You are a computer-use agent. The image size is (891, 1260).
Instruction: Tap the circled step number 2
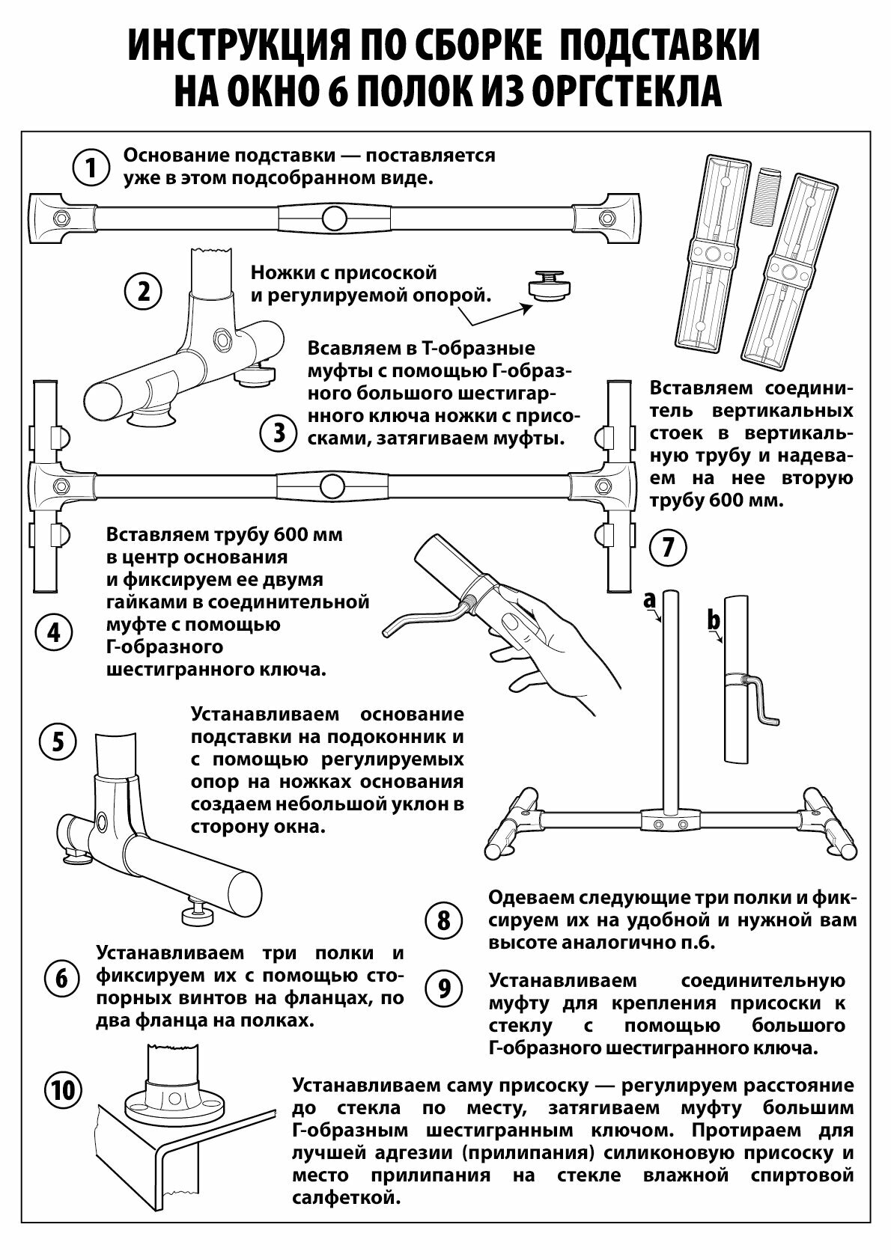click(x=142, y=290)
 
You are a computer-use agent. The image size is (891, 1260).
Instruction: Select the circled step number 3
click(x=279, y=432)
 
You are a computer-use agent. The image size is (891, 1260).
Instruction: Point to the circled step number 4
click(x=54, y=633)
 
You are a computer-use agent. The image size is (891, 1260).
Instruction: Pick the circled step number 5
click(x=58, y=741)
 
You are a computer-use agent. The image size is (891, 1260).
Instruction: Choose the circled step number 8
click(x=444, y=920)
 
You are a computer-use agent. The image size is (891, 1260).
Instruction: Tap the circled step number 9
click(x=444, y=988)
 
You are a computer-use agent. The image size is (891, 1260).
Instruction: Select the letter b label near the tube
click(x=714, y=620)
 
